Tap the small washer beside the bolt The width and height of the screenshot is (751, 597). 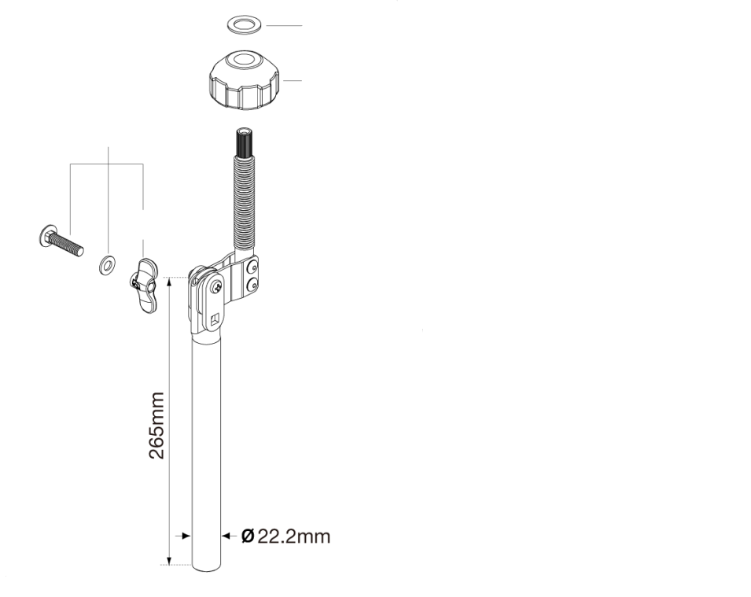click(105, 265)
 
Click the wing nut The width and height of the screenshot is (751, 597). click(147, 285)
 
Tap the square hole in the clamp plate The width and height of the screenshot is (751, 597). click(215, 319)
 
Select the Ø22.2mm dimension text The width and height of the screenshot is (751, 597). click(285, 537)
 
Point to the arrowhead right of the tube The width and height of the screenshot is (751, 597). click(225, 536)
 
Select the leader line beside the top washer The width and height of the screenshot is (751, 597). click(284, 26)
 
